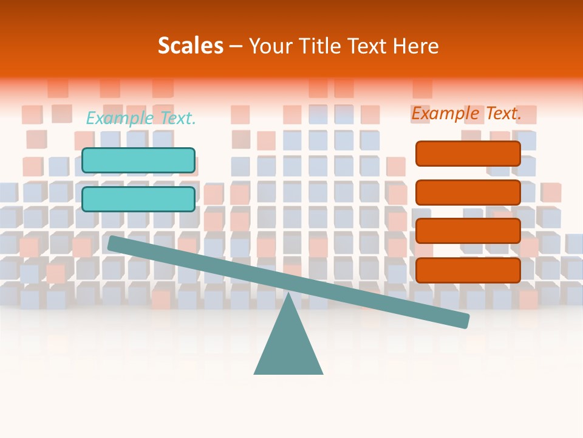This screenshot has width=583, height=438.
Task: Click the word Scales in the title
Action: click(x=190, y=46)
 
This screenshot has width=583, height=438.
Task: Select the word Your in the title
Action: click(x=271, y=46)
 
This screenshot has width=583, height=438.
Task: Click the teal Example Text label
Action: click(x=141, y=118)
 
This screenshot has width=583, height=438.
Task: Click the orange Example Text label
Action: click(x=466, y=113)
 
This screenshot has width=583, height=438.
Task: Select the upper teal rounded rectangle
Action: click(x=138, y=160)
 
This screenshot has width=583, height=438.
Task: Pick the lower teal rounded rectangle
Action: click(x=138, y=199)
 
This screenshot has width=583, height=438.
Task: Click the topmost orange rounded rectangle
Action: click(x=468, y=153)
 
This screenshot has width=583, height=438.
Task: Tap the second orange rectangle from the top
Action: click(x=468, y=192)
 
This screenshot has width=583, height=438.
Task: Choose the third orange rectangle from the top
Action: click(x=468, y=231)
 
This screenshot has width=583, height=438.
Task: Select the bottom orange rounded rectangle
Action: click(x=468, y=270)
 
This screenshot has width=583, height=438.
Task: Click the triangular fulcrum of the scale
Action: click(x=288, y=347)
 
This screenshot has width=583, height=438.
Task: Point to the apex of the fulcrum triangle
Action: click(x=288, y=296)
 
